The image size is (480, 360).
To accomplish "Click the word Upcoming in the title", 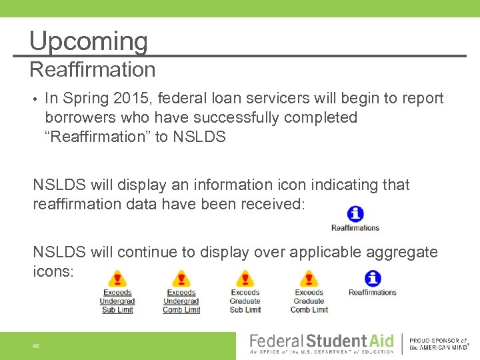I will click(x=88, y=41).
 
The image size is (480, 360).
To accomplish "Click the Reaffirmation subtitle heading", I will click(x=93, y=69).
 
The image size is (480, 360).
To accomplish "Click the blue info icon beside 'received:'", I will click(x=355, y=214).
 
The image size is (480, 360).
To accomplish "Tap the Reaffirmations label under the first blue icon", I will click(x=355, y=228).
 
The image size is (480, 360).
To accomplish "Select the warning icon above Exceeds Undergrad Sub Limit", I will click(x=117, y=279).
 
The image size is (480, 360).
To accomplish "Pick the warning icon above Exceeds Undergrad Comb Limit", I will click(x=181, y=279).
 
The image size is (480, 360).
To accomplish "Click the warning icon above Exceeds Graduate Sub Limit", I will click(x=245, y=279).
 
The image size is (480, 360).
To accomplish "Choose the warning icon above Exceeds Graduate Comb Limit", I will click(x=309, y=279).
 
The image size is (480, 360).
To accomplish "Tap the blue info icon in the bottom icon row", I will click(x=373, y=278).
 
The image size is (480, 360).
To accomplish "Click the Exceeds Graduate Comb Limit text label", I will click(x=309, y=301).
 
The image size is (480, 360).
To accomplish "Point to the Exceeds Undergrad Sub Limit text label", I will click(x=117, y=301).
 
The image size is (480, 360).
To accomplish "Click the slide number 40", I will click(x=35, y=345).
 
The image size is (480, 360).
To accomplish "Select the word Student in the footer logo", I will click(x=337, y=341).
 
